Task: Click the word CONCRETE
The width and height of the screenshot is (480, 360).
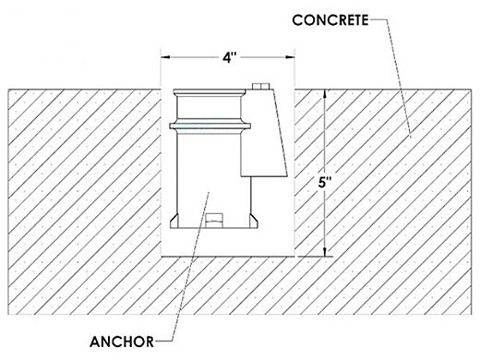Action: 330,20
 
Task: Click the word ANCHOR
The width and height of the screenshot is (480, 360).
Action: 122,342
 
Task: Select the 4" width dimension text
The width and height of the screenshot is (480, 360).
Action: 230,57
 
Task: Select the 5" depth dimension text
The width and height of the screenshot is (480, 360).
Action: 325,183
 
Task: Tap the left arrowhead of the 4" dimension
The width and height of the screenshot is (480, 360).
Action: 165,57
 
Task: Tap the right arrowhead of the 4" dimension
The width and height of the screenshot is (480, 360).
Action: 290,57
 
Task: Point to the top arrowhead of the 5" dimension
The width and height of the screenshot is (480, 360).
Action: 324,94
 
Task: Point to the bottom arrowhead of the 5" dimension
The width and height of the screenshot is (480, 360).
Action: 324,252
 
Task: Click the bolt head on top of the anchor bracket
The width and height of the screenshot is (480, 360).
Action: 260,86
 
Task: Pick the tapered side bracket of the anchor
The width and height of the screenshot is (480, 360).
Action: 263,133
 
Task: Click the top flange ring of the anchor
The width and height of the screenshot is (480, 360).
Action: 210,92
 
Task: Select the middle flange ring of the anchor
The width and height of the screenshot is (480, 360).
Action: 210,126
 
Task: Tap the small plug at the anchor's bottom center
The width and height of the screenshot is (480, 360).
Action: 214,221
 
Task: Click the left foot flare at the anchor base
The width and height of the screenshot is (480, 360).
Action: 174,221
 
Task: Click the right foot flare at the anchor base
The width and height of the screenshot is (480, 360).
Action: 254,221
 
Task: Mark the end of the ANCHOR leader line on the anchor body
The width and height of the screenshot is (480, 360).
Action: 210,193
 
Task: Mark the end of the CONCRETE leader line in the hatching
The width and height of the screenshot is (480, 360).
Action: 411,137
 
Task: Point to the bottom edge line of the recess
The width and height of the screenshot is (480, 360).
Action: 228,257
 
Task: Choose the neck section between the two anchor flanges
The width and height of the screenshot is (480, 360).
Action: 210,109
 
